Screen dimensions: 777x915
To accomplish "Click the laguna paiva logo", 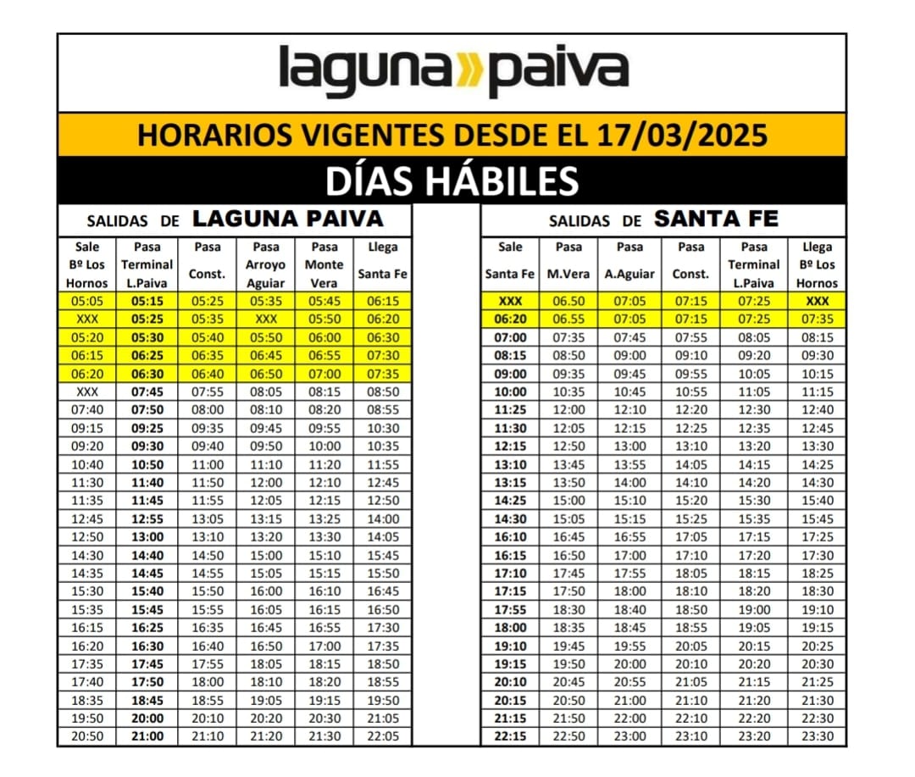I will tap(453, 71).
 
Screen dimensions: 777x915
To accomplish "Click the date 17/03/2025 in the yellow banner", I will tap(682, 135).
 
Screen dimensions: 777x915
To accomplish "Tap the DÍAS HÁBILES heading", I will tap(452, 180).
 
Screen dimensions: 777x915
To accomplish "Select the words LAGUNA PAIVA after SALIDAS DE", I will tap(288, 219).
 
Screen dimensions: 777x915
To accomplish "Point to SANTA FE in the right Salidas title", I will tap(716, 219).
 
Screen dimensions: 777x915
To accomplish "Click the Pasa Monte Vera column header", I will tap(324, 264).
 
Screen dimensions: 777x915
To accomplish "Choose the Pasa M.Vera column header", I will tap(568, 264).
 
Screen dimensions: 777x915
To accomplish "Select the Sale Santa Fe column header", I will tap(510, 264).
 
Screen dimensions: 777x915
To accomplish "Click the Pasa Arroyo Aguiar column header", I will tap(266, 264).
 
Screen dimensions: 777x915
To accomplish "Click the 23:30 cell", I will tap(817, 736).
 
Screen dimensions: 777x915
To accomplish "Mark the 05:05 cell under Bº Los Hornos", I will tap(87, 302).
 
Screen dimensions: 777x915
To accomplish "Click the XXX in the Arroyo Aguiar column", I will tap(266, 319).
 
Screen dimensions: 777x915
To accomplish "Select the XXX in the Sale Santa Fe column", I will tap(510, 302).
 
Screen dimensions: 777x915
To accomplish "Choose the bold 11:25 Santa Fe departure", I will tap(510, 410).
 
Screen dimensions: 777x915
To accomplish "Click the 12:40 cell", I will tap(817, 410).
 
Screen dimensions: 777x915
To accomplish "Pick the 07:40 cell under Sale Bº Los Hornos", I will tap(87, 410).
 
